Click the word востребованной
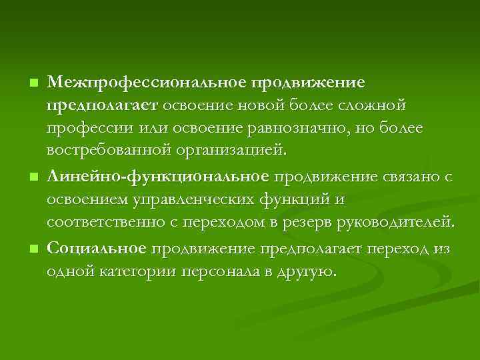109,151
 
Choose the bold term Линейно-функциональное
158,176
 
